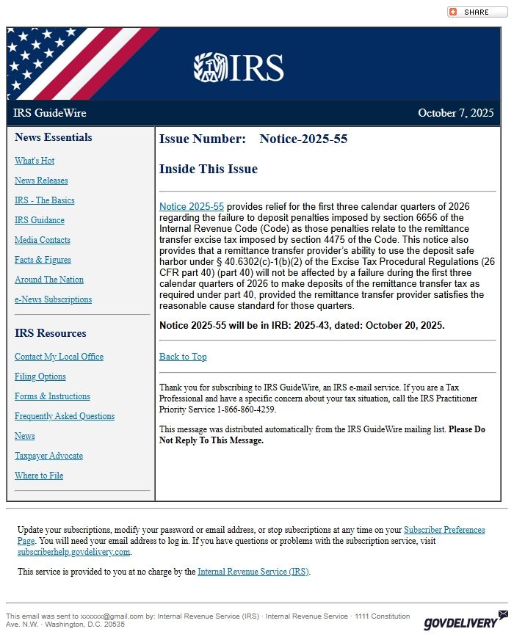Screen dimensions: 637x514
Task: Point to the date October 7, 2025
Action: [455, 113]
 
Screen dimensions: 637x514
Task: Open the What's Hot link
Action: [35, 161]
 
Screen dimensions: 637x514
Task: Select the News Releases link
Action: [41, 181]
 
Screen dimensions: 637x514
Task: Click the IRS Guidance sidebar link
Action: [40, 220]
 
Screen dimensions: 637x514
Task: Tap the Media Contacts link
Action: [43, 240]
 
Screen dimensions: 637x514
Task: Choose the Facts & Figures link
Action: [43, 260]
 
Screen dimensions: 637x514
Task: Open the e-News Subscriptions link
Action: [53, 299]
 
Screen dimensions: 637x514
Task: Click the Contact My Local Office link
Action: [59, 357]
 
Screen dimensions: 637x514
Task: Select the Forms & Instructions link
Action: [52, 396]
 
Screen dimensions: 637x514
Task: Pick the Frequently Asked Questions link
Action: [65, 416]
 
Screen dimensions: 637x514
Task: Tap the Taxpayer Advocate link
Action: [48, 456]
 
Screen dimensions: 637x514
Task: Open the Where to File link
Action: [39, 476]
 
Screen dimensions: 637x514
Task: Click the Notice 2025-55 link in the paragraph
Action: [192, 207]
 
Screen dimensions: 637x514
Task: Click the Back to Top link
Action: [183, 357]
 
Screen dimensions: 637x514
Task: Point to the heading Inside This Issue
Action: [209, 169]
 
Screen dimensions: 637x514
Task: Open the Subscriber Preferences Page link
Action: [444, 530]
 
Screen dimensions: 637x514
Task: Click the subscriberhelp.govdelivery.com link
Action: [74, 552]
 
